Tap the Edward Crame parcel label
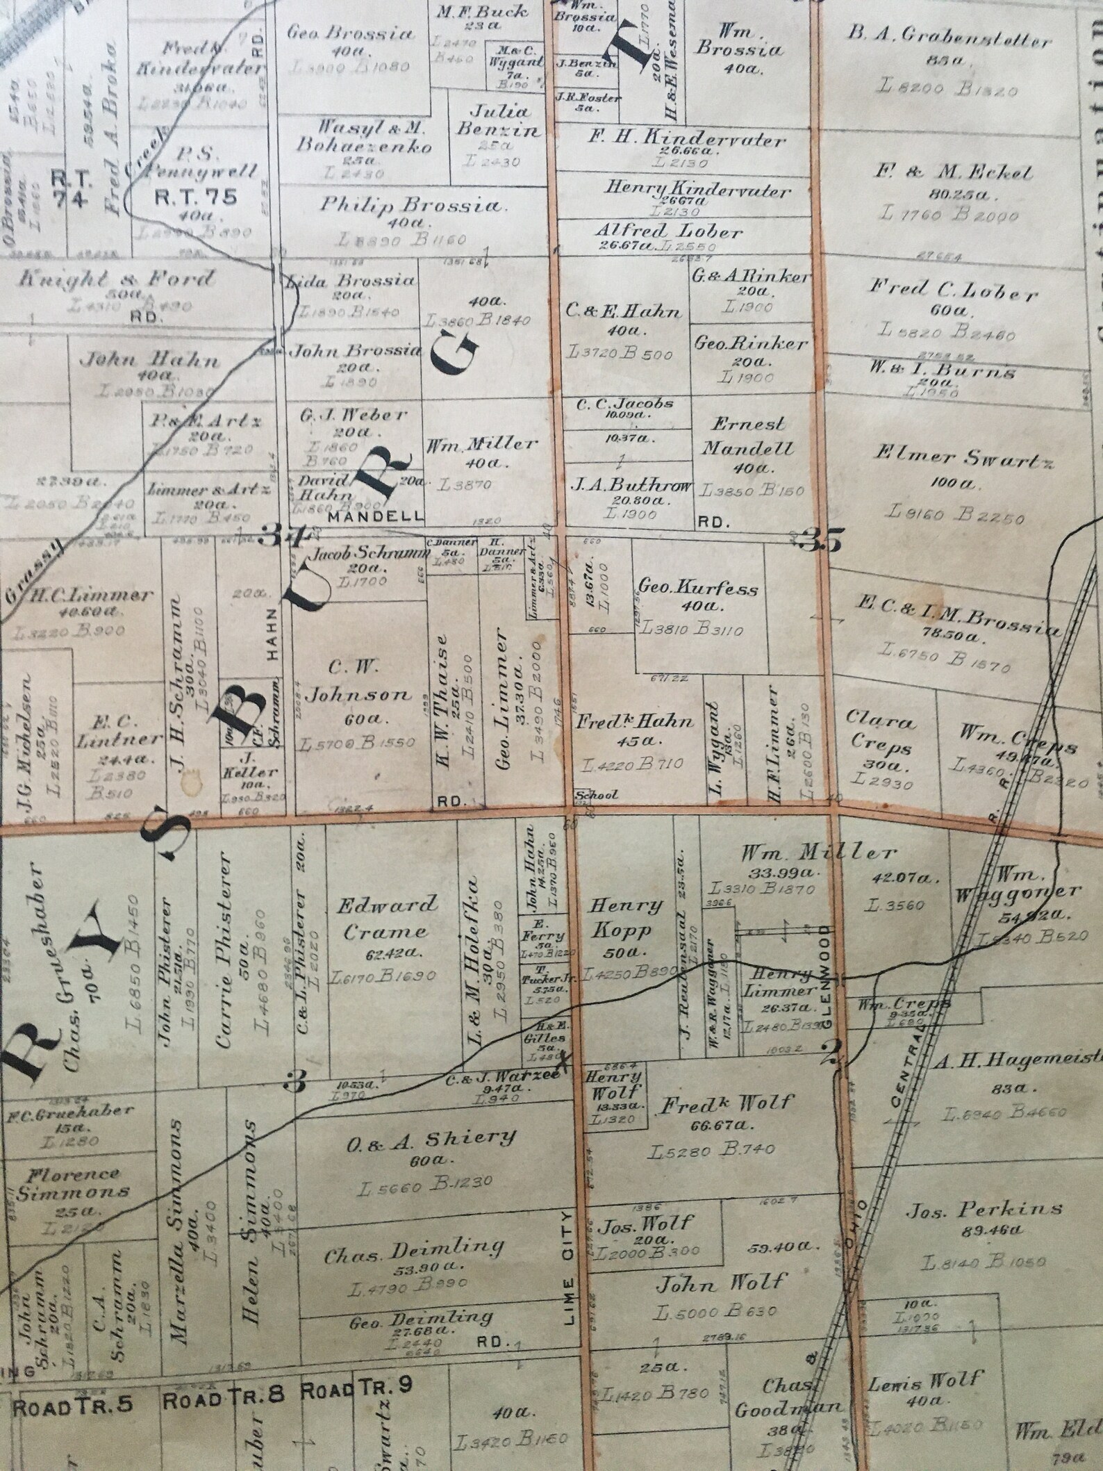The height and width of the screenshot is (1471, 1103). [388, 918]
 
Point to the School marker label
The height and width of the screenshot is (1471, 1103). [595, 795]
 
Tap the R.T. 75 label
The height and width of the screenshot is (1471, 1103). [194, 197]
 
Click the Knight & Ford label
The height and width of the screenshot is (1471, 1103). [116, 280]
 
